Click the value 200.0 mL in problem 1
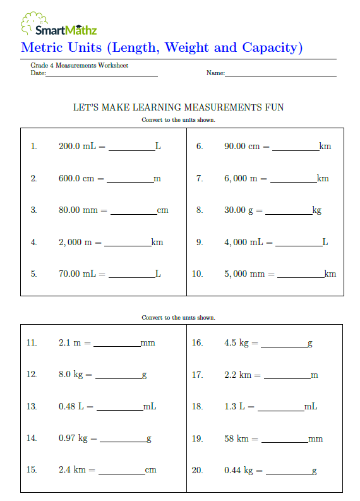pyautogui.click(x=78, y=146)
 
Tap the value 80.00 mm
pyautogui.click(x=78, y=210)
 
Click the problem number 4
pyautogui.click(x=33, y=242)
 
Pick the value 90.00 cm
pyautogui.click(x=242, y=146)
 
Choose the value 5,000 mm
pyautogui.click(x=244, y=274)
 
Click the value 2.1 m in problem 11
pyautogui.click(x=70, y=342)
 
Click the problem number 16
pyautogui.click(x=197, y=342)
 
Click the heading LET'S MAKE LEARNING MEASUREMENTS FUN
pyautogui.click(x=179, y=107)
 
